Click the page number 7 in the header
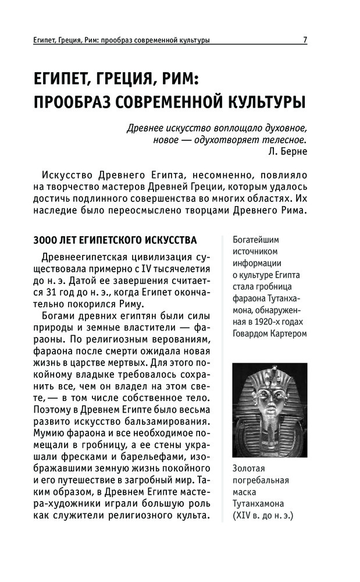coord(305,40)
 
